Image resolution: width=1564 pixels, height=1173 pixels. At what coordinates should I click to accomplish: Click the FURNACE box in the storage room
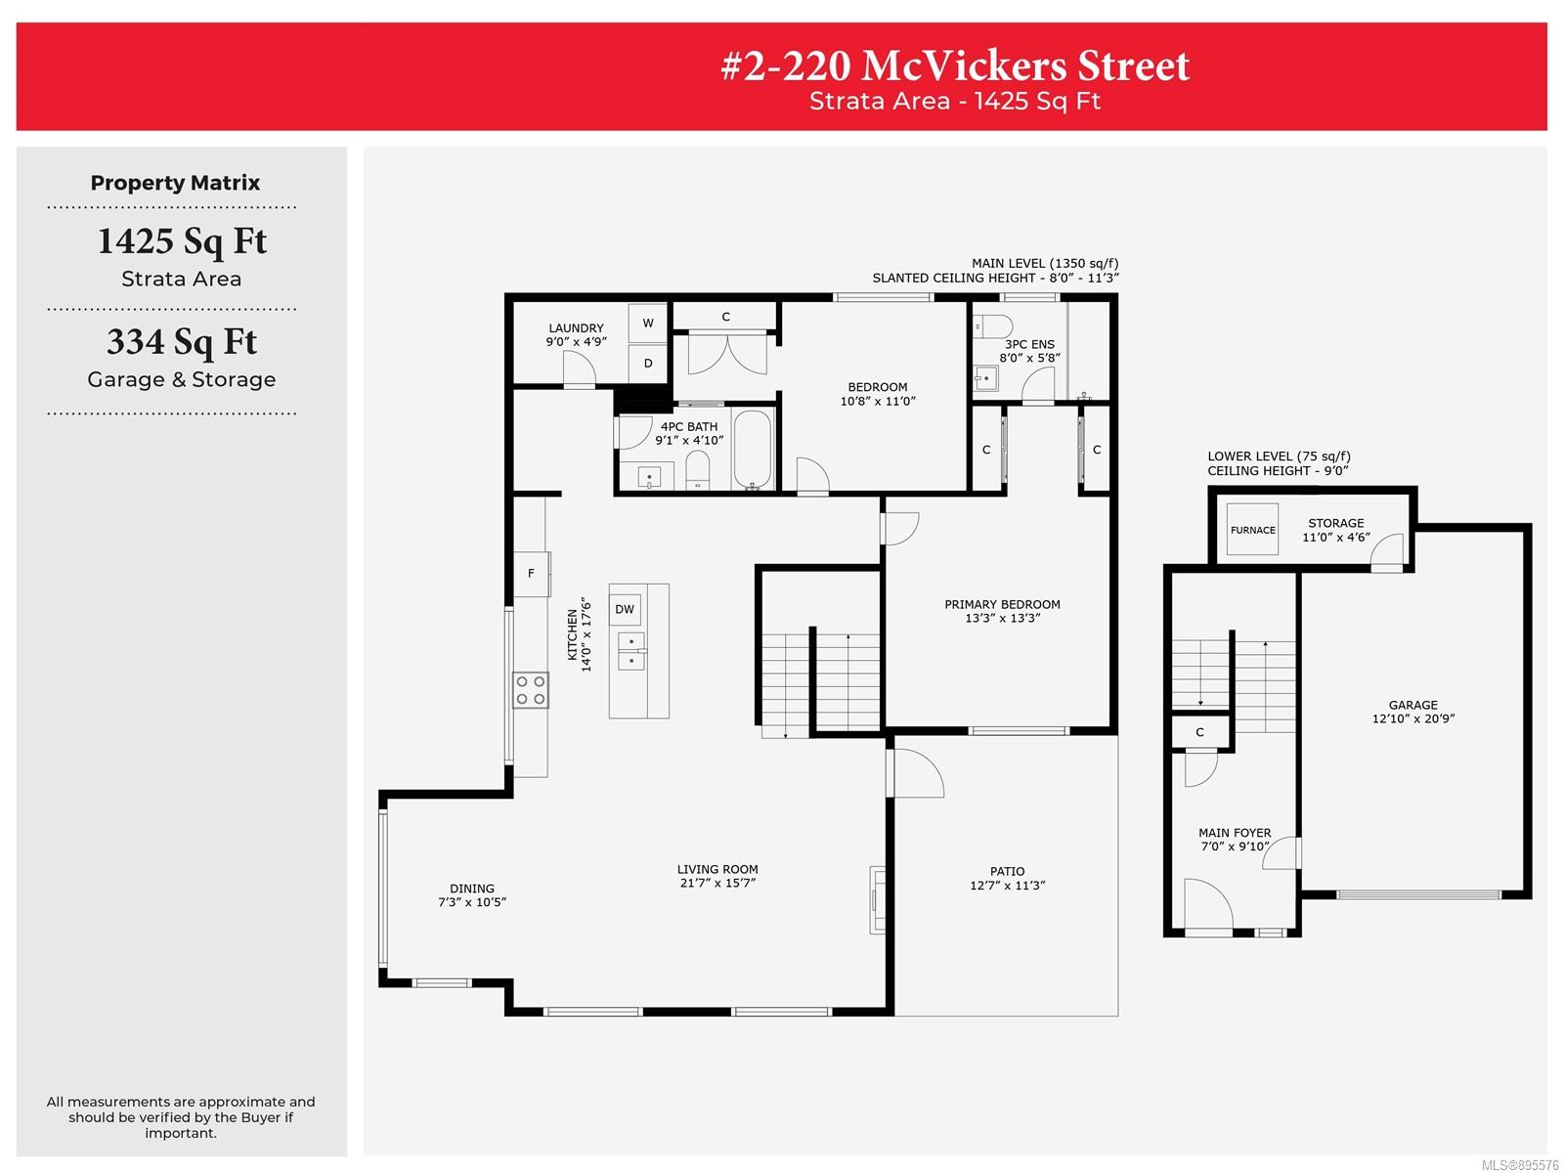click(x=1252, y=529)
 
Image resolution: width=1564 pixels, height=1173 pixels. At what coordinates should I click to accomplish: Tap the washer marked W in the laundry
click(x=647, y=323)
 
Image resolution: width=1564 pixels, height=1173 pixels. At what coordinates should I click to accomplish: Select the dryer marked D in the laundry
click(x=647, y=364)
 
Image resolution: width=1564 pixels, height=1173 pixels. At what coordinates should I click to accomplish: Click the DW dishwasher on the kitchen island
click(x=625, y=609)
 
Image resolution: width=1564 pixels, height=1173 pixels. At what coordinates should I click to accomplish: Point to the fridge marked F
click(x=531, y=574)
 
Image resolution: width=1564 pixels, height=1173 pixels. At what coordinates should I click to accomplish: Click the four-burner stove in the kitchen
click(x=530, y=689)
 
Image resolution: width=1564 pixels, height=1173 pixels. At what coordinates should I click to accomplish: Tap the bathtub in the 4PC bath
click(x=752, y=449)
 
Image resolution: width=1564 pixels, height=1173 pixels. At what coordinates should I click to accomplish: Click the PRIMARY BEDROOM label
click(x=1002, y=604)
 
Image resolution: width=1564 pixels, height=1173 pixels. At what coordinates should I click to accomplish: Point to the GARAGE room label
click(x=1412, y=705)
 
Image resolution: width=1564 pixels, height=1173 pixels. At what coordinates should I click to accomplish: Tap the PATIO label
click(x=1007, y=871)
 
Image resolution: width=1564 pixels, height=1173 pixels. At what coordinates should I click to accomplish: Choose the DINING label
click(x=472, y=889)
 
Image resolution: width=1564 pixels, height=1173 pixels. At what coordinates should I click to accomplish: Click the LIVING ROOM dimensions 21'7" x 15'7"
click(x=717, y=883)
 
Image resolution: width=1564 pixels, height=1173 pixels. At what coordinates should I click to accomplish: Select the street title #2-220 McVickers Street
click(x=955, y=65)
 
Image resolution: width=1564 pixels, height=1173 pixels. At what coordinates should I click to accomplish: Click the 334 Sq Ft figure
click(x=182, y=342)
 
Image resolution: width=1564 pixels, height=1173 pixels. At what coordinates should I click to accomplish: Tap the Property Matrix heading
click(x=175, y=183)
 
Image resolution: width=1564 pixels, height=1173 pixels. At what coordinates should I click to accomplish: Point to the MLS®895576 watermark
click(x=1520, y=1165)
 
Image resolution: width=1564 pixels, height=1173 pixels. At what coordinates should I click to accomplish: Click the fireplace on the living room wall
click(x=877, y=899)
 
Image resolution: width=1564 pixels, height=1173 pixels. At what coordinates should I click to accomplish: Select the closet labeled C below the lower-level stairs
click(x=1200, y=731)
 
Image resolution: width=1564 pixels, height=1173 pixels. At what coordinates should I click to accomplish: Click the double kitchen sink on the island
click(x=631, y=651)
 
